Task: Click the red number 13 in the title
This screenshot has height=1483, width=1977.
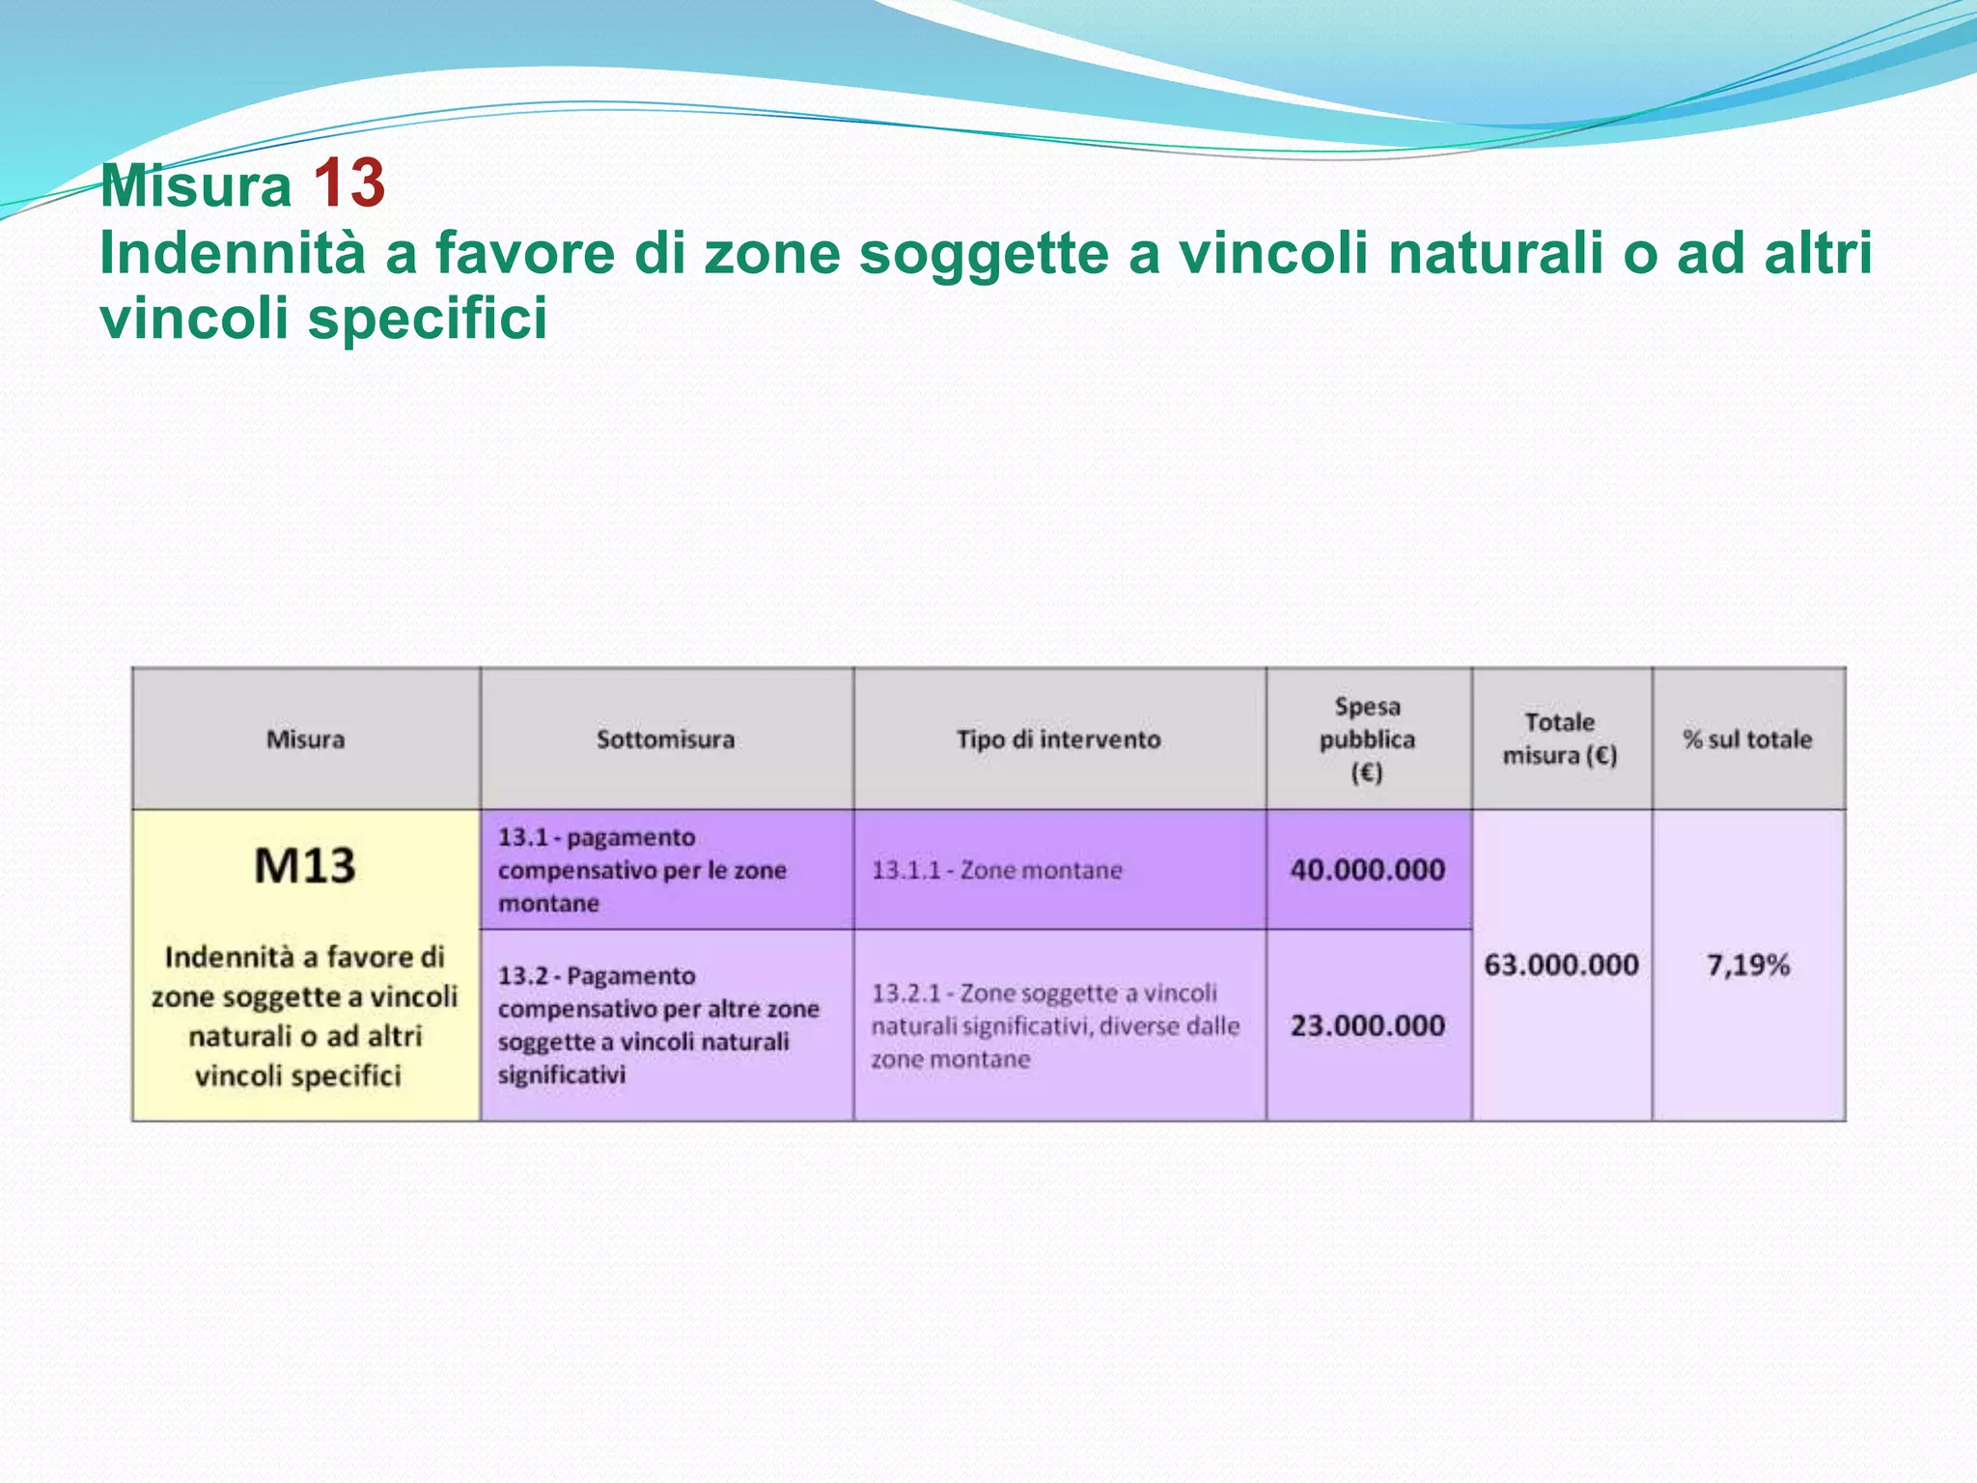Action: tap(348, 183)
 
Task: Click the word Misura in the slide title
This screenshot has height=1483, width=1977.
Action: tap(196, 185)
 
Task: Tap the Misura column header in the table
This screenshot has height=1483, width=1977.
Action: tap(305, 740)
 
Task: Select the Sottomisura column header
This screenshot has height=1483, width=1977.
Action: tap(665, 740)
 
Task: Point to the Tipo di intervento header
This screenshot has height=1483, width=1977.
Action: tap(1058, 740)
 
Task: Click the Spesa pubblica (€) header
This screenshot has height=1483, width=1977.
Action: tap(1367, 740)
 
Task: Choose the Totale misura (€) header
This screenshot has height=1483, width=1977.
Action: tap(1560, 739)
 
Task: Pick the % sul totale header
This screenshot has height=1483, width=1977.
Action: tap(1747, 740)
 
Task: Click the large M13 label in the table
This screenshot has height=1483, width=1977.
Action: tap(305, 865)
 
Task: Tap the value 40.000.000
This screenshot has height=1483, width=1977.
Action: tap(1367, 870)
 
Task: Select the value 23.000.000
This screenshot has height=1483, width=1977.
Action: tap(1367, 1025)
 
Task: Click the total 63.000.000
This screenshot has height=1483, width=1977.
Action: tap(1561, 965)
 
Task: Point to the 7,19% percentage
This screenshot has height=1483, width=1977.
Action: tap(1747, 965)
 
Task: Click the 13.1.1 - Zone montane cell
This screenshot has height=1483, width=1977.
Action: tap(996, 870)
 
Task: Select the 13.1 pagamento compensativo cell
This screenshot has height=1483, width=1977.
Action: tap(642, 870)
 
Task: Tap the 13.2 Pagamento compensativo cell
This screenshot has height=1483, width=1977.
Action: tap(658, 1024)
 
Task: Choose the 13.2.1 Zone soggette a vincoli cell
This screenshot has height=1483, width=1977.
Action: tap(1054, 1025)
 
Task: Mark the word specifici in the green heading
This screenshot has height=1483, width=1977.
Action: tap(427, 318)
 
